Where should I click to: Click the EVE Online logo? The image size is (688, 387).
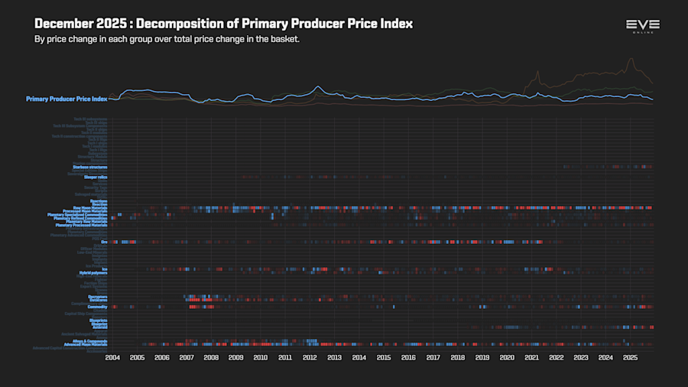pos(642,27)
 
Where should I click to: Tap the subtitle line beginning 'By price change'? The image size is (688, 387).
pos(167,39)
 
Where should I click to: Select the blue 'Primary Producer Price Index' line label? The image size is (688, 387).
pos(67,99)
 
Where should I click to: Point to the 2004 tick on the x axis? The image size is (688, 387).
pos(112,357)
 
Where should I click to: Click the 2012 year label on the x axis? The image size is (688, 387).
pos(310,357)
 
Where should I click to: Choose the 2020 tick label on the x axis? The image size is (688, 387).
pos(507,357)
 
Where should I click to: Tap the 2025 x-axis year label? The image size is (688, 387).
pos(630,357)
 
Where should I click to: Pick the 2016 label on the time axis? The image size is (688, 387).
pos(408,357)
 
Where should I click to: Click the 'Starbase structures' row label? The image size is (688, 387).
pos(90,166)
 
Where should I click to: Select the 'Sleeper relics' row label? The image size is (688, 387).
pos(96,177)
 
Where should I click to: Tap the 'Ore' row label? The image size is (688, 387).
pos(104,242)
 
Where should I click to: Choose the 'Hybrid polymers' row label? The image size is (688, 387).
pos(93,272)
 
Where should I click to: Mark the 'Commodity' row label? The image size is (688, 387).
pos(97,307)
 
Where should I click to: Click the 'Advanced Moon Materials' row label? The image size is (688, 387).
pos(86,344)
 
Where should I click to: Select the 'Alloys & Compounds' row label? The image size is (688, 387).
pos(89,340)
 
